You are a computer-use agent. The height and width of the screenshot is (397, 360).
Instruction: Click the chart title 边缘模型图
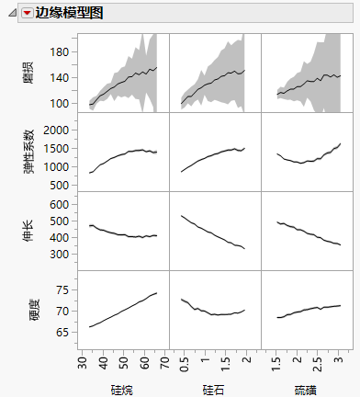pos(69,13)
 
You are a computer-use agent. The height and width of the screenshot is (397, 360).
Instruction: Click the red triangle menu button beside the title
pos(27,13)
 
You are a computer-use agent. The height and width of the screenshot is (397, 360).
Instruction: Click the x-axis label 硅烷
pos(122,389)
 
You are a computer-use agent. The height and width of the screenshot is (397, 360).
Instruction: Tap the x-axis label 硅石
pos(214,389)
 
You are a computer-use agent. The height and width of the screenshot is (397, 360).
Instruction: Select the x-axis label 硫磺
pos(307,389)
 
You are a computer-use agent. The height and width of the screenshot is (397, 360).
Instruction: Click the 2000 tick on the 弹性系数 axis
pos(56,130)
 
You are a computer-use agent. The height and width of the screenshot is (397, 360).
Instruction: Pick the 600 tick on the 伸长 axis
pos(59,203)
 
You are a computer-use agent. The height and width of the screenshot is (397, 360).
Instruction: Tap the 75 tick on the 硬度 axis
pos(62,289)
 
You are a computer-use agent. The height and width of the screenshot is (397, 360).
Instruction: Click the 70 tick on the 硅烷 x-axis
pos(164,364)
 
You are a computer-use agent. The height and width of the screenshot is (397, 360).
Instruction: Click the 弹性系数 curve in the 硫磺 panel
pos(303,162)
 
